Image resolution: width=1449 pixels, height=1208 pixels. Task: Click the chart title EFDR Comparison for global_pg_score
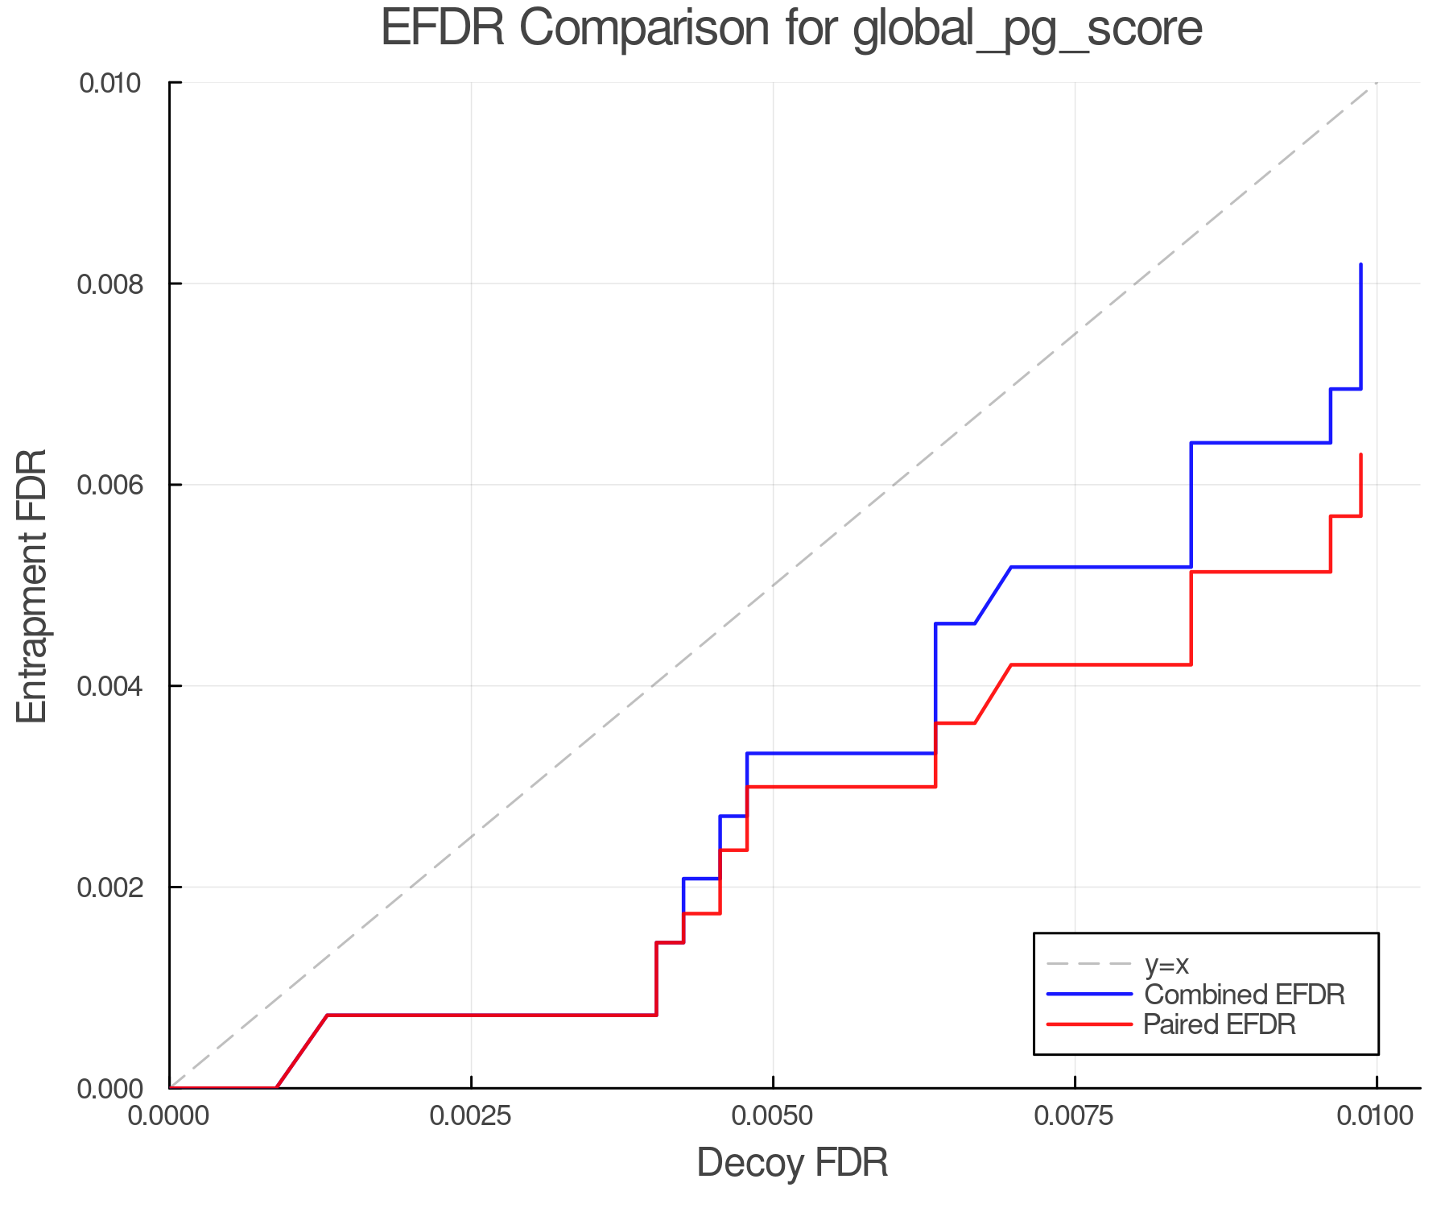pos(791,29)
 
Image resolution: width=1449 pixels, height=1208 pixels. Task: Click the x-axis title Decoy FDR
pos(792,1162)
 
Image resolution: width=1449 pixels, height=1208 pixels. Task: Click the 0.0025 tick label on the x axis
pos(471,1115)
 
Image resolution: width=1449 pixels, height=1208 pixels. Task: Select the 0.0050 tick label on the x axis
pos(773,1115)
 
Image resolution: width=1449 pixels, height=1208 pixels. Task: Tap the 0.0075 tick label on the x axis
pos(1075,1115)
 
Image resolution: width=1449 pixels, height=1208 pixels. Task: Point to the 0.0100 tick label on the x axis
pos(1376,1115)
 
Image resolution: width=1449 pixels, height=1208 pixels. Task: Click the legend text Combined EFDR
pos(1245,995)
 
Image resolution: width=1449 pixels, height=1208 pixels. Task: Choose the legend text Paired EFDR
pos(1220,1024)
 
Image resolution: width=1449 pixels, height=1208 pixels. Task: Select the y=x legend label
pos(1166,964)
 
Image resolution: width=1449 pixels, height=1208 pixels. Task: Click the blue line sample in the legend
pos(1089,995)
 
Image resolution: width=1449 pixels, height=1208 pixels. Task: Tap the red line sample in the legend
pos(1089,1024)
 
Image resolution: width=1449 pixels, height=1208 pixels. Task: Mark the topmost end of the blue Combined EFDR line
pos(1360,265)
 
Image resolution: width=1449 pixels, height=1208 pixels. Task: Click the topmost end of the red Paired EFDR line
pos(1360,455)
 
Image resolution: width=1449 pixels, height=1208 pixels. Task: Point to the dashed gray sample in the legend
pos(1089,964)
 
